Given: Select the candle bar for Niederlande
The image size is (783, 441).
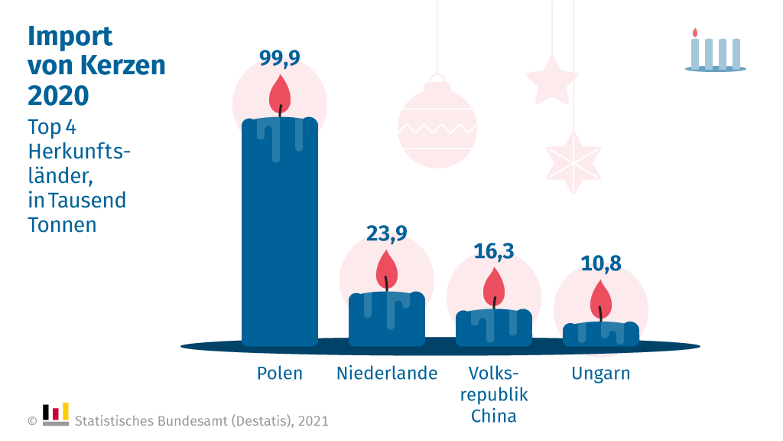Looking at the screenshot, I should (x=386, y=319).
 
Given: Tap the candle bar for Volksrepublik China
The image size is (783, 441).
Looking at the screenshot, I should (x=493, y=328).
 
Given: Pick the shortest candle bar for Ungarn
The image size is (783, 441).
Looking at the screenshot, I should (x=600, y=335).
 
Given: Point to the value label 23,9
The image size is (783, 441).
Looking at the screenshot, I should (x=386, y=233).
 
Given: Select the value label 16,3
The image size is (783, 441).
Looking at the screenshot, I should (x=493, y=250).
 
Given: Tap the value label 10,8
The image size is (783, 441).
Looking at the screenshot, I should (x=600, y=263).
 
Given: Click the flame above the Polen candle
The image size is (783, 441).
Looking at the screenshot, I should (x=280, y=93).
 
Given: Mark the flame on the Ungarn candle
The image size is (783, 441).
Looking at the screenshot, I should (x=600, y=299).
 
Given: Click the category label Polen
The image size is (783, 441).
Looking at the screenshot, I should (x=279, y=374).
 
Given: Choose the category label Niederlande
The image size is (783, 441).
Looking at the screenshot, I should (x=387, y=374).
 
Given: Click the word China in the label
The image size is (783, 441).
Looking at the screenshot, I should (x=493, y=416).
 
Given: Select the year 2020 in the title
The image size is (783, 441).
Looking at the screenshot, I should (x=58, y=95).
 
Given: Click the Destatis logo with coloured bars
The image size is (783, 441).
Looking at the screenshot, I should (x=56, y=413).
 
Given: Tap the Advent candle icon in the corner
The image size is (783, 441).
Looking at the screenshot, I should (x=715, y=52).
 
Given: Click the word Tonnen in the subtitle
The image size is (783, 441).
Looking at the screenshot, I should (x=62, y=225).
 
